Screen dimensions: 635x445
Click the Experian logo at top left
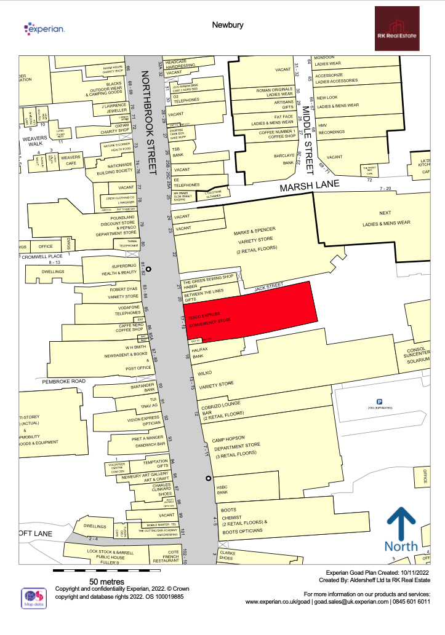click(x=44, y=28)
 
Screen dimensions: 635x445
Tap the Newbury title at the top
click(x=228, y=25)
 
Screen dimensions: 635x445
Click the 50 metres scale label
click(x=107, y=582)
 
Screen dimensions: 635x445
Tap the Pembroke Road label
click(x=63, y=382)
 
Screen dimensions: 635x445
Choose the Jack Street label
click(x=268, y=286)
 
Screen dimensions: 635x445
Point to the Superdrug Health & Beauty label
click(x=119, y=269)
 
